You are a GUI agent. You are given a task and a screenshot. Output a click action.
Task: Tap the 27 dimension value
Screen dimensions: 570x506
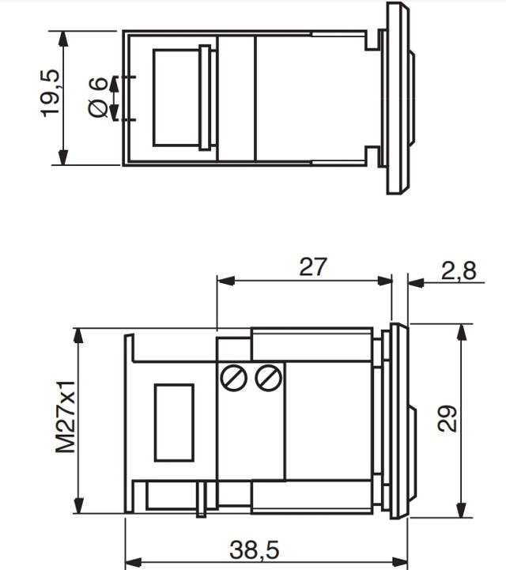(312, 267)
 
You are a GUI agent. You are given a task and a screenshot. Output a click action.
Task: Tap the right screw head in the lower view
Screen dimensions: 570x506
(269, 378)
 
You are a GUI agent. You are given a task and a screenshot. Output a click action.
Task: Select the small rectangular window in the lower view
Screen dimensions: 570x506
(174, 422)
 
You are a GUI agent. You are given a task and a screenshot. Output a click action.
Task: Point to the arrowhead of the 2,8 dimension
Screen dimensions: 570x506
(414, 281)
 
